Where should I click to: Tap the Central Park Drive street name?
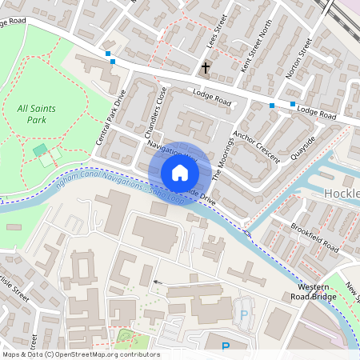[111, 117]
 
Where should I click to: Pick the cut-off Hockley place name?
[342, 194]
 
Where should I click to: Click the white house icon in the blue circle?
[180, 172]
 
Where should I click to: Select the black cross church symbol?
[206, 68]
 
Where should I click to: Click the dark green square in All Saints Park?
[40, 150]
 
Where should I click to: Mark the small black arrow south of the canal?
[157, 282]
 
